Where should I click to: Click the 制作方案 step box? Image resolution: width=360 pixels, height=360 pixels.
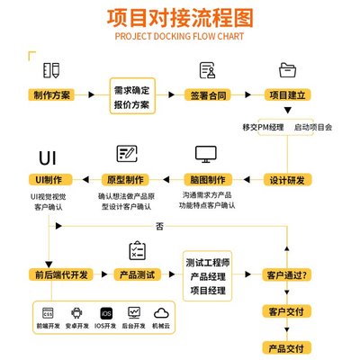(51, 94)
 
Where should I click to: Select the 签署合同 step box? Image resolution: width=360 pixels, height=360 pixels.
(209, 94)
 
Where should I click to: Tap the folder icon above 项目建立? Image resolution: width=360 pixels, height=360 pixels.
(287, 69)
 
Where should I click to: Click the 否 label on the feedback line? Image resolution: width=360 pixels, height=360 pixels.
(159, 225)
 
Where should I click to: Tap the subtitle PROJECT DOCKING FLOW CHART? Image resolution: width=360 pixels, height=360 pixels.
(180, 39)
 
